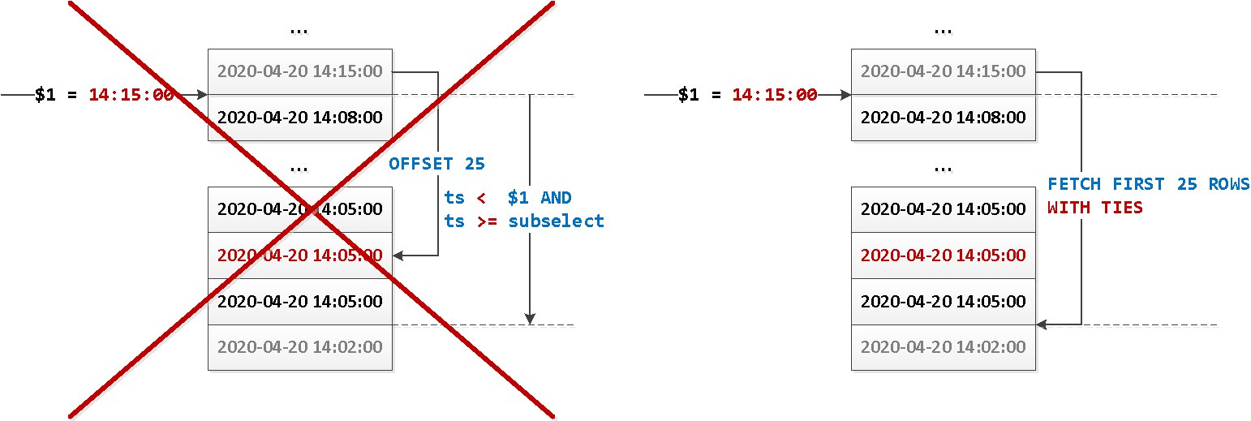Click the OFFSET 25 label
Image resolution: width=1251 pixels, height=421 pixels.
click(436, 164)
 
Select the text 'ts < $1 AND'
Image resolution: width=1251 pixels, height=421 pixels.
click(508, 198)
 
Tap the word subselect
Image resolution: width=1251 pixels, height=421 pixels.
click(557, 221)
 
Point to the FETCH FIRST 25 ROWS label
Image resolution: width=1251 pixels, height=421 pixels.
click(1148, 183)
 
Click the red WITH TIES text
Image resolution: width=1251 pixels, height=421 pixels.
click(1094, 208)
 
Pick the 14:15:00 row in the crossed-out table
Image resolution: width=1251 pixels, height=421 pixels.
click(299, 71)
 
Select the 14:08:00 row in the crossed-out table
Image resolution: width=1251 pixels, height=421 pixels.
click(299, 118)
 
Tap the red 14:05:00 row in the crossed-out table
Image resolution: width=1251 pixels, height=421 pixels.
click(299, 256)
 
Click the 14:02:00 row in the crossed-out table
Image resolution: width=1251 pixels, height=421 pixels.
click(299, 347)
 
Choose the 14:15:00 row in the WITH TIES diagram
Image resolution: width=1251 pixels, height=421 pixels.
click(943, 71)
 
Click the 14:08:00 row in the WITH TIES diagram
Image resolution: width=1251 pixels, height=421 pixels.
click(943, 118)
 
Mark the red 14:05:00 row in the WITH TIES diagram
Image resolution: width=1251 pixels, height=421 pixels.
click(943, 256)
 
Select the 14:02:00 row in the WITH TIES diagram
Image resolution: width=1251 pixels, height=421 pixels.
click(943, 347)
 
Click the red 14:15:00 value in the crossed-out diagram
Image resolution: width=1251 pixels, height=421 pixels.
click(131, 95)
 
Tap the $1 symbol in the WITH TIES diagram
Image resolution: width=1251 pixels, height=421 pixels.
click(688, 95)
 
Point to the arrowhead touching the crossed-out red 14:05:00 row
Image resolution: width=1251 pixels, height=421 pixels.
click(398, 256)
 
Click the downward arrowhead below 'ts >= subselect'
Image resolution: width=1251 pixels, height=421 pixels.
click(529, 318)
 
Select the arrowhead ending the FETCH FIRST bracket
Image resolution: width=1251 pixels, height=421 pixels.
click(1042, 324)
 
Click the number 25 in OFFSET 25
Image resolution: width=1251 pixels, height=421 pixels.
click(475, 164)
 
